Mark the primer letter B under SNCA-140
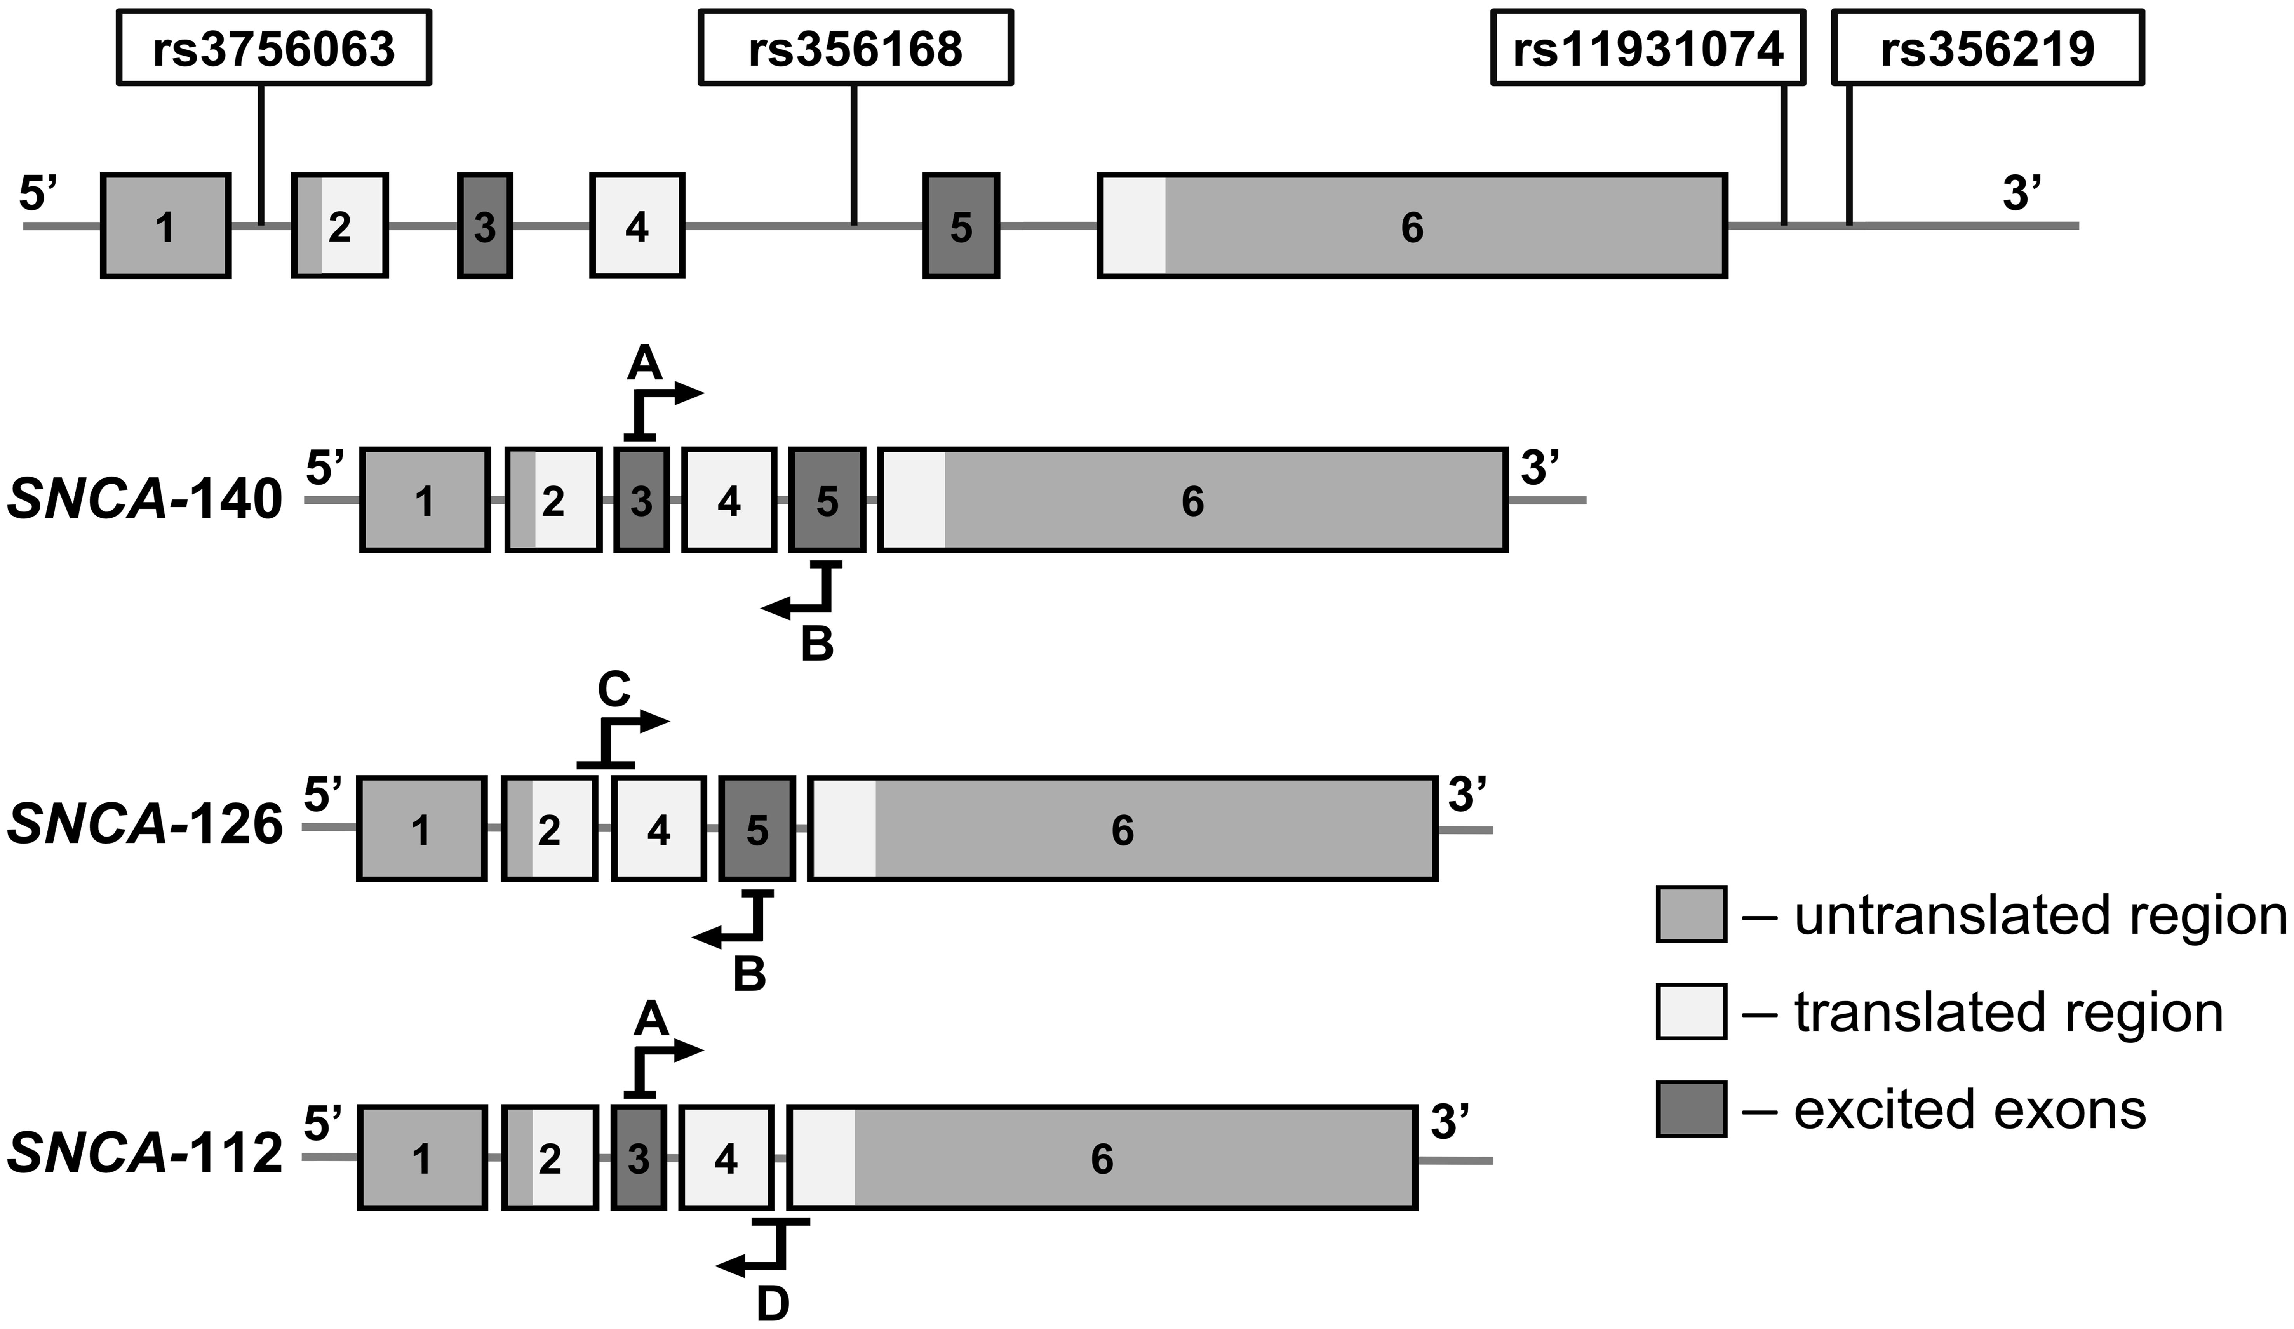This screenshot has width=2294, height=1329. click(816, 645)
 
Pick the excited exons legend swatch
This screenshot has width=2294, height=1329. click(1690, 1109)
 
